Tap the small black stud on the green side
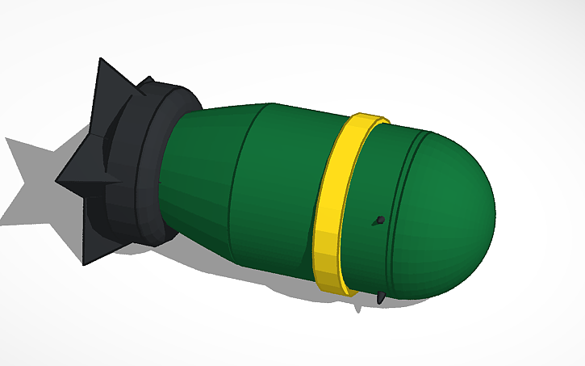tap(379, 220)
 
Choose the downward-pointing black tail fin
tap(94, 242)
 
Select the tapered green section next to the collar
tap(202, 178)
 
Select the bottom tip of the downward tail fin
tap(85, 263)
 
